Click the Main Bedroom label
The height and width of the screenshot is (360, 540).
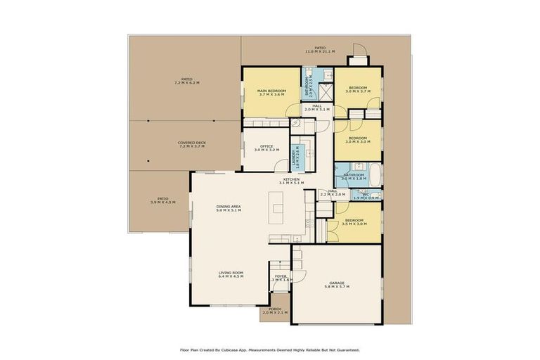271,92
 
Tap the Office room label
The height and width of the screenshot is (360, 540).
266,148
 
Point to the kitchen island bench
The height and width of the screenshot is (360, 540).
277,205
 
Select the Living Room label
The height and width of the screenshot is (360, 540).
231,274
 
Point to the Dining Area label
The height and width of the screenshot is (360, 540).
229,207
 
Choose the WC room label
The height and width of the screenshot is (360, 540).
366,195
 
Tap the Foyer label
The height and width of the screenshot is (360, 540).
281,278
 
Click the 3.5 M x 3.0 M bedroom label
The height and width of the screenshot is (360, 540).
354,223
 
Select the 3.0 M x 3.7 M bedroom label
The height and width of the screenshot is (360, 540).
357,89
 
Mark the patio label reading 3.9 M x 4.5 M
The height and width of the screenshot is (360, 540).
163,200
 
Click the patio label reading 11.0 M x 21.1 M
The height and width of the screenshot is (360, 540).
320,50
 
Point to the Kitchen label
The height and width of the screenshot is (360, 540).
291,181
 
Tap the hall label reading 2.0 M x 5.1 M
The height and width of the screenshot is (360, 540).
317,108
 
